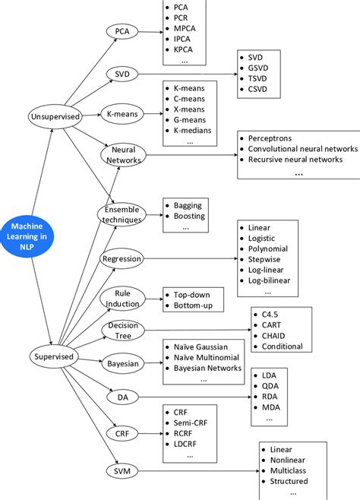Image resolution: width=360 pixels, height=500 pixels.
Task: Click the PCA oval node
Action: tap(122, 32)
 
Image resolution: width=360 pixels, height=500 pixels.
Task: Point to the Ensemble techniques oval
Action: tap(122, 214)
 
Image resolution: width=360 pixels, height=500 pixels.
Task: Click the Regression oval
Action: tap(122, 258)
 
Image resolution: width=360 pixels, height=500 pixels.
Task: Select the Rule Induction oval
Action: tap(122, 299)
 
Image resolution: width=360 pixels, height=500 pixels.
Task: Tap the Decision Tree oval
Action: tap(122, 331)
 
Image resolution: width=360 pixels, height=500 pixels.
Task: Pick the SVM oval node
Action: tap(122, 471)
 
